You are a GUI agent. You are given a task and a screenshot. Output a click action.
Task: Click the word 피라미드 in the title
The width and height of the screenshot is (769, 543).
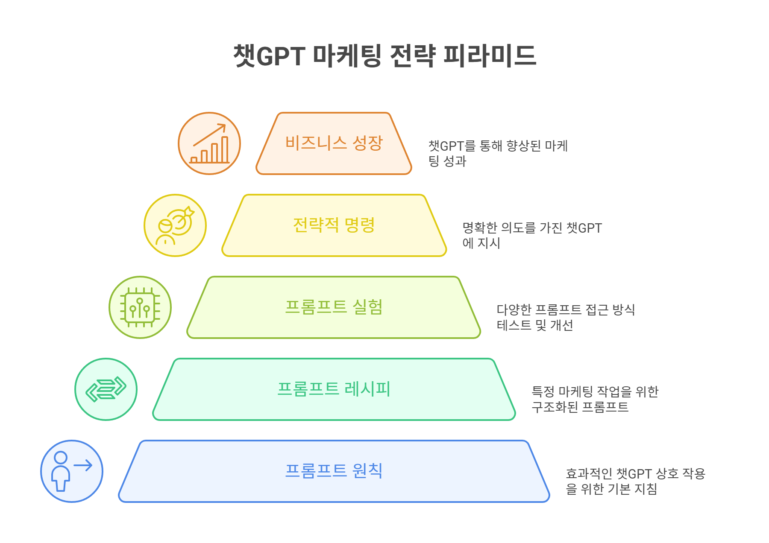[x=490, y=56]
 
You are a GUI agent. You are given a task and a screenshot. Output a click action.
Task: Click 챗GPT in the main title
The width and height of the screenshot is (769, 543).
[x=269, y=56]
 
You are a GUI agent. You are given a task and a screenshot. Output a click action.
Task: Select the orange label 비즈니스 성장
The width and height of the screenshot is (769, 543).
[x=334, y=143]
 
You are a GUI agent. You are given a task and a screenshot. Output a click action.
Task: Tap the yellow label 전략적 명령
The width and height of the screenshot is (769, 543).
[x=334, y=225]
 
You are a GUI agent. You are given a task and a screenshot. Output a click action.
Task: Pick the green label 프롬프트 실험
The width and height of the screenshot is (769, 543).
[x=334, y=307]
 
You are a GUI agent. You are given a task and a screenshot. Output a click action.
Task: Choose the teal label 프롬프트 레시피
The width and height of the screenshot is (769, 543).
[x=334, y=389]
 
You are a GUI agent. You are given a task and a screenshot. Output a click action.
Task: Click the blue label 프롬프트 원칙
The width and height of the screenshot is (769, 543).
[x=334, y=471]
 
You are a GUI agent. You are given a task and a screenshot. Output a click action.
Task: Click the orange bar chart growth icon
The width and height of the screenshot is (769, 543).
[x=209, y=143]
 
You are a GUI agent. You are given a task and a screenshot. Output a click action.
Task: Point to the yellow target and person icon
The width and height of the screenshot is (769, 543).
[x=175, y=225]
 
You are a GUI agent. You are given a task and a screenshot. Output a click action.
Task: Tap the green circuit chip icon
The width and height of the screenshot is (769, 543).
[x=140, y=307]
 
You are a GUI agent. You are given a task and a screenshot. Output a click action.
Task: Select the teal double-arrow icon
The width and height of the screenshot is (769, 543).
[x=106, y=389]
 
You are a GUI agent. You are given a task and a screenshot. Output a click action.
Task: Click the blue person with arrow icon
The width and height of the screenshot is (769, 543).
[x=72, y=471]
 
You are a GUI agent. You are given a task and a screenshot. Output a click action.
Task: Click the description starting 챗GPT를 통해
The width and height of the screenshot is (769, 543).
[x=498, y=153]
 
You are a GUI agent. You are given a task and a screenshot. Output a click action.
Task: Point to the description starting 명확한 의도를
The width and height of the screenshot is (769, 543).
[x=532, y=235]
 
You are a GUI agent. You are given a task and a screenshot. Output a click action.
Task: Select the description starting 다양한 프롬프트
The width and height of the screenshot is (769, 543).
[x=566, y=317]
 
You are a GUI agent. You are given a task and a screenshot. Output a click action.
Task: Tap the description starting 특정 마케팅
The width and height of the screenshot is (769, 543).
[x=595, y=399]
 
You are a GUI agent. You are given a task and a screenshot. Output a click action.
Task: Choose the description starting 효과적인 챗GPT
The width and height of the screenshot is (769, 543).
[x=635, y=481]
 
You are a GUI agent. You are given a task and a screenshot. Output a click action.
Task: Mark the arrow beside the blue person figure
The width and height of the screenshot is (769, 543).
[x=83, y=465]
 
